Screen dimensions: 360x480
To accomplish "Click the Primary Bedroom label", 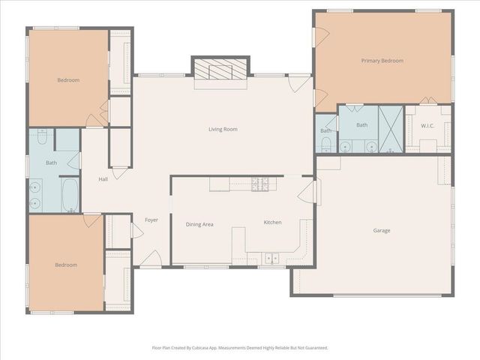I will point(382,61).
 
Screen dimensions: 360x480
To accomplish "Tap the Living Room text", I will point(223,129).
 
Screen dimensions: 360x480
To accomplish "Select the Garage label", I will point(381,230).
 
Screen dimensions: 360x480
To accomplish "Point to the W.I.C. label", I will point(427,125).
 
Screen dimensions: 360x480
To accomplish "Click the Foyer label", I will point(151,220).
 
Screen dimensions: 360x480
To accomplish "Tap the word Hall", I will point(103,179).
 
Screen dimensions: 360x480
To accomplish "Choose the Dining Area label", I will point(199,224).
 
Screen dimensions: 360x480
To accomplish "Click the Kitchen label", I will point(271,223).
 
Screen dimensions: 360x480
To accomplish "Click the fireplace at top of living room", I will point(219,69).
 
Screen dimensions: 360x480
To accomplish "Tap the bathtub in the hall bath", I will point(68,195).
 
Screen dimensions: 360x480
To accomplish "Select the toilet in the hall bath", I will point(41,138).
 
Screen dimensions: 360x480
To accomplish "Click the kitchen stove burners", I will point(259,182).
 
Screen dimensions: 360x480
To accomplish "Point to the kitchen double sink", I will point(271,258).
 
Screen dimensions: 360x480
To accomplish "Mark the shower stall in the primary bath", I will point(390,129).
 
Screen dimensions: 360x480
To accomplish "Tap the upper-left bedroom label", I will point(68,79).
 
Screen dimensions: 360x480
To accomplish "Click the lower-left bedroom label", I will point(65,265).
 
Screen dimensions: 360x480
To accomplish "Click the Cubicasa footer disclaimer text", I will point(239,348).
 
